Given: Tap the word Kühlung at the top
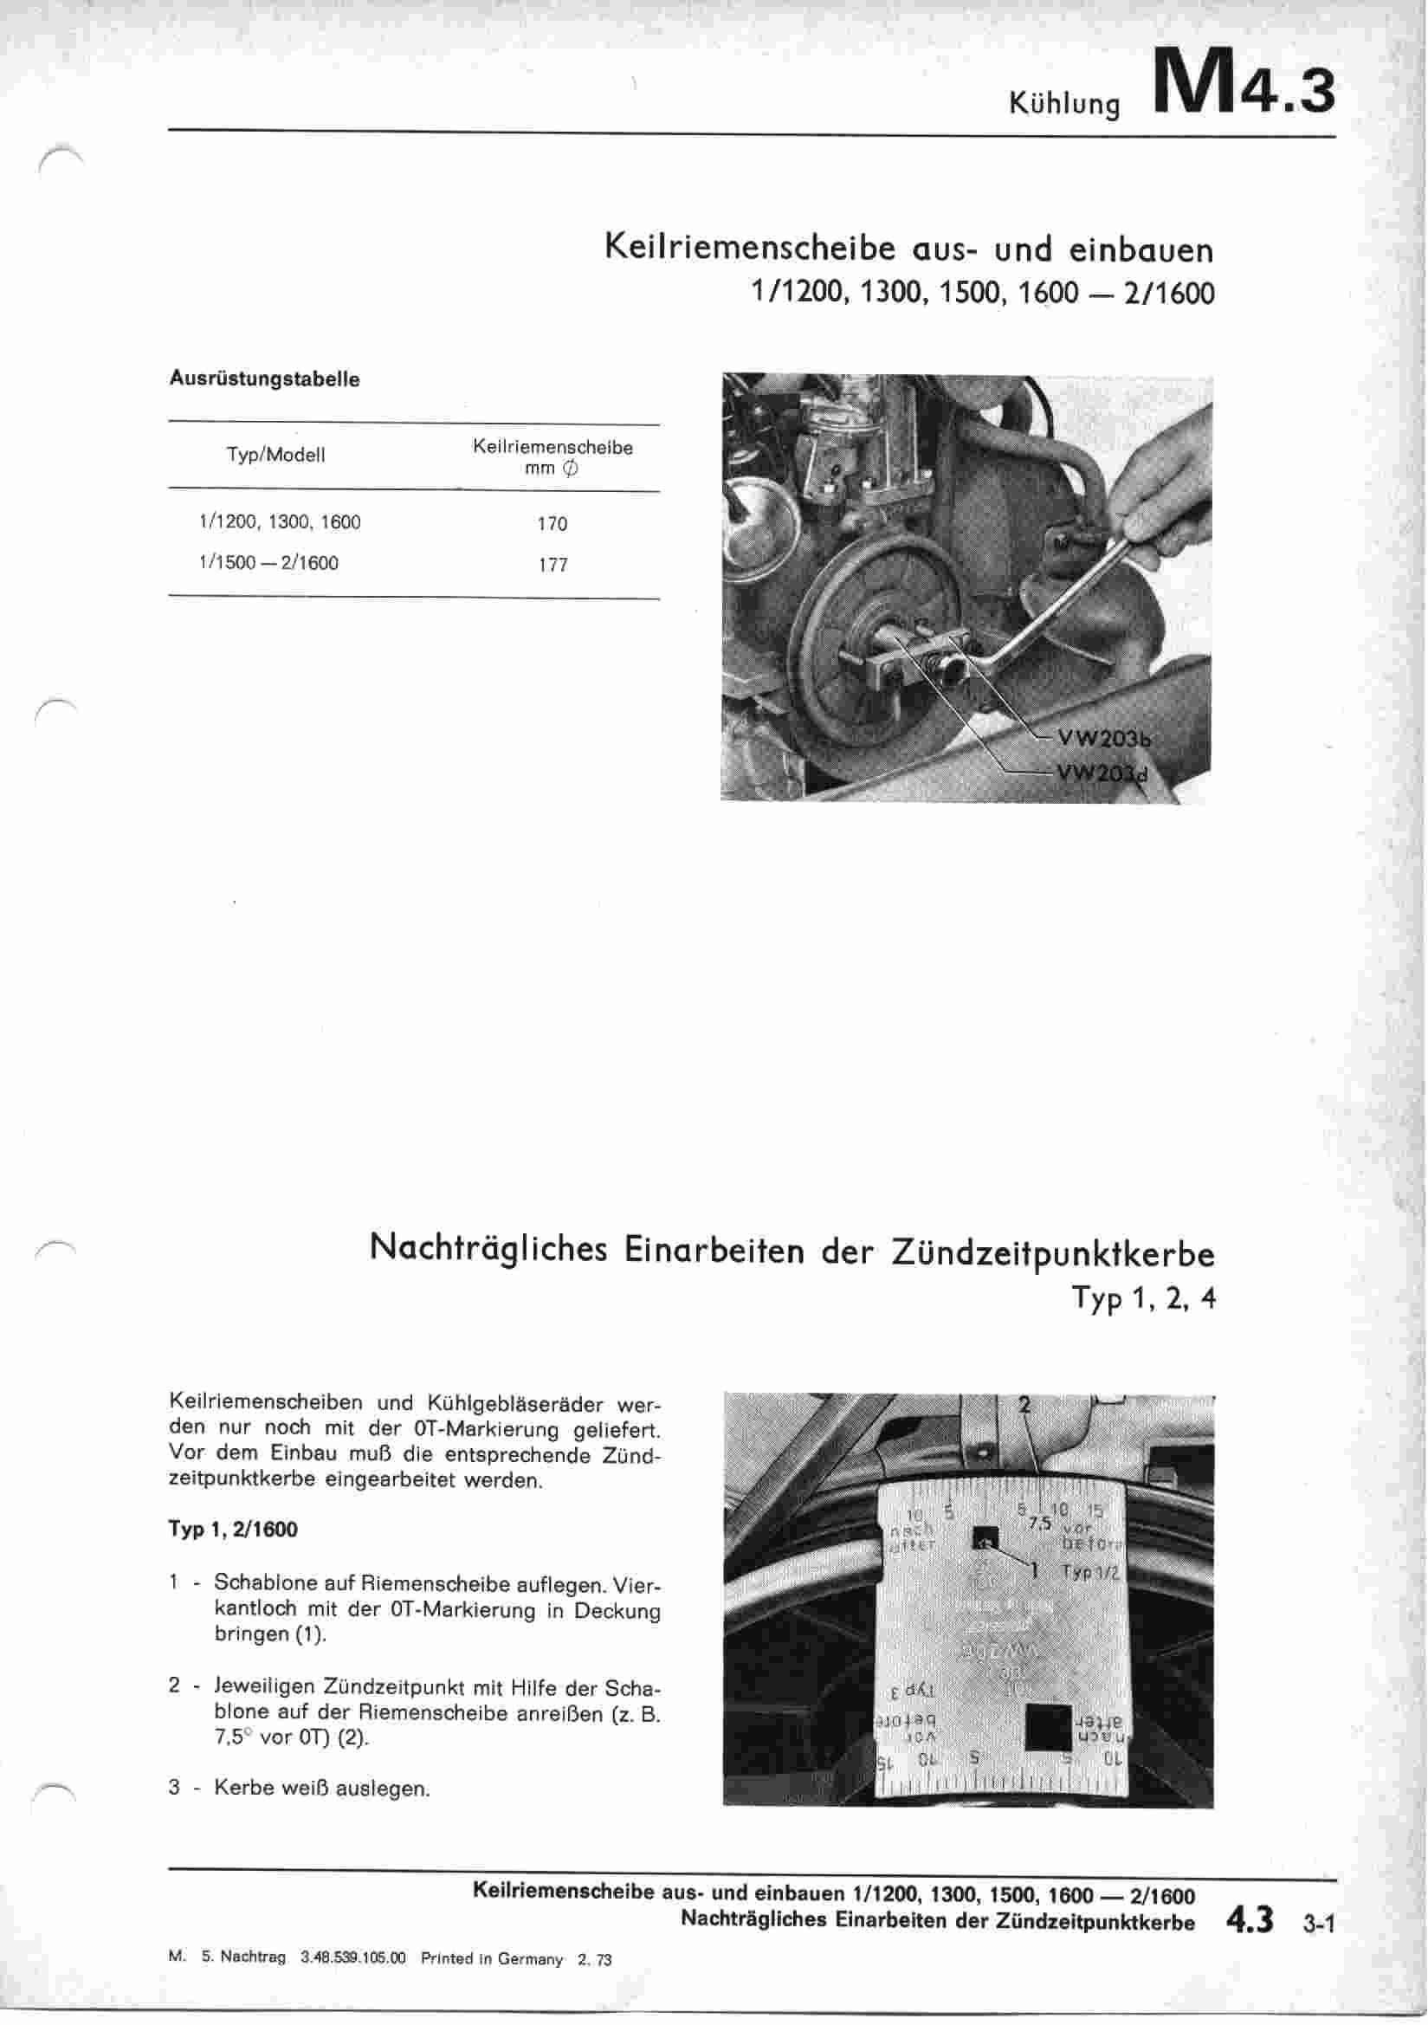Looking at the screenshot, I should tap(1063, 104).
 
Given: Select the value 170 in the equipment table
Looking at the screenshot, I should tap(552, 524).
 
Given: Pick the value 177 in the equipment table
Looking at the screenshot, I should tap(552, 565).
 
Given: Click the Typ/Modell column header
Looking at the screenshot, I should tap(276, 455).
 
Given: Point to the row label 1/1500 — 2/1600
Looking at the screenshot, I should tap(269, 563).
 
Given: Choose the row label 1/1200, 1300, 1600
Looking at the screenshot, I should tap(281, 522).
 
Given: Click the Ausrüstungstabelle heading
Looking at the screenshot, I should tap(264, 379).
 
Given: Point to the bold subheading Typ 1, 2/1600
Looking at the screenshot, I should tap(233, 1530).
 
